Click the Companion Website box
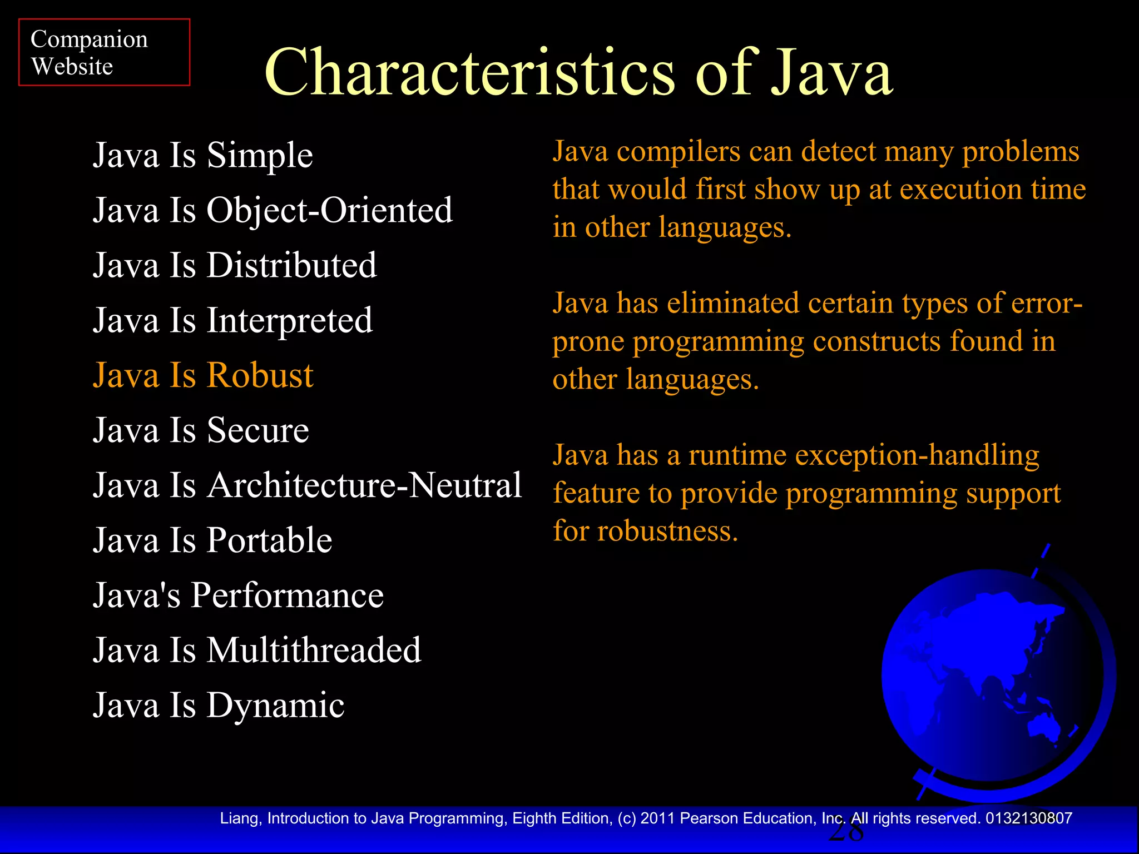pos(104,52)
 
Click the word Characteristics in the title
pos(469,73)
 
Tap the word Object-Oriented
pos(330,210)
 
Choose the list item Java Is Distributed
pos(235,265)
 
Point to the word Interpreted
pos(289,321)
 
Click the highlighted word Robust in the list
pos(260,375)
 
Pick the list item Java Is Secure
pos(201,430)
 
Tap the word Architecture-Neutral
pos(364,485)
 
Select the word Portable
pos(269,540)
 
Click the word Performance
pos(287,595)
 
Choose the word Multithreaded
pos(314,650)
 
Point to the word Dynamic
pos(275,706)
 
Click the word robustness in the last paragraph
pos(667,531)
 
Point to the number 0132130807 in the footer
pos(1028,818)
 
